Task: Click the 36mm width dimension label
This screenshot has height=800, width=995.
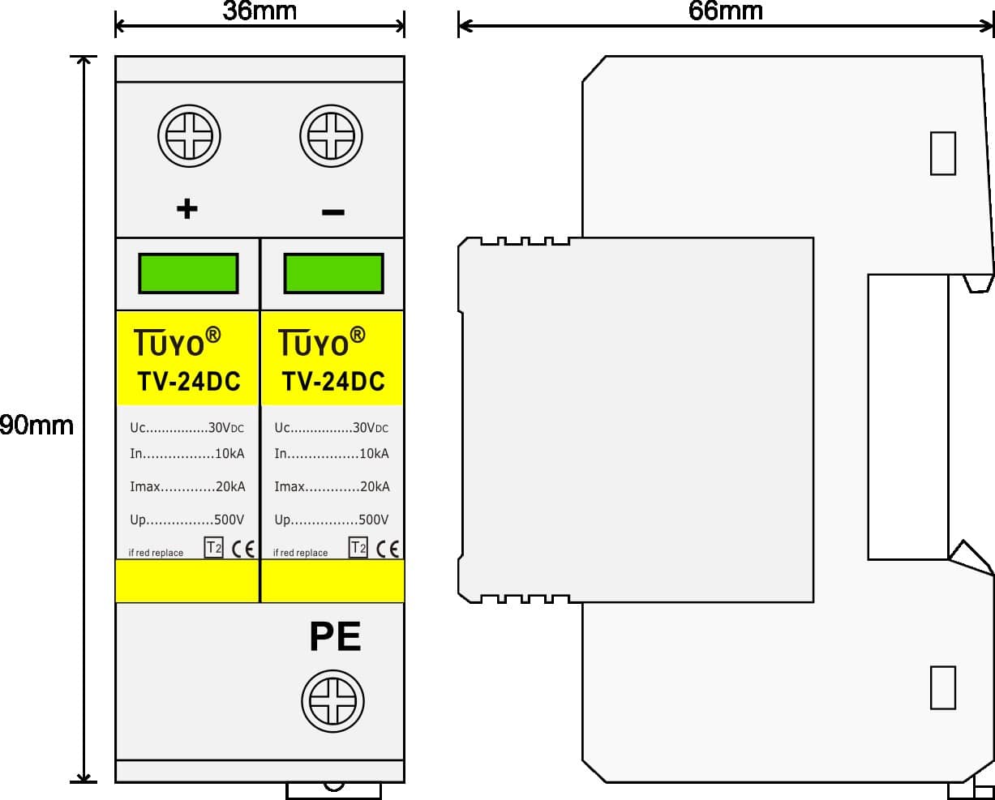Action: point(259,11)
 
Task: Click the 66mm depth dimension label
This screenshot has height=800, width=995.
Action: point(726,11)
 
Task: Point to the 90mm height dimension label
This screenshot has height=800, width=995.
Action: point(36,426)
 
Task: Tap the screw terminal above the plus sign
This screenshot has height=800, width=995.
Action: point(189,136)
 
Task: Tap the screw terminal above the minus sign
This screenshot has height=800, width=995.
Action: point(331,136)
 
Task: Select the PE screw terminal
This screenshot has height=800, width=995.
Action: point(333,700)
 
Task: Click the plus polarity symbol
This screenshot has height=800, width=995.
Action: point(187,208)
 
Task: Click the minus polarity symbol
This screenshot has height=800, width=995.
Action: point(333,212)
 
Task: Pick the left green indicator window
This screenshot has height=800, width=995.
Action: point(189,273)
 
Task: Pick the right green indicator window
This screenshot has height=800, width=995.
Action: point(334,273)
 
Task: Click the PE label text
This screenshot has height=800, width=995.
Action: point(335,637)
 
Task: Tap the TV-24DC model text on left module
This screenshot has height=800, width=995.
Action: point(189,381)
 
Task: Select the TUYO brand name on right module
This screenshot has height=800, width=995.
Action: point(321,342)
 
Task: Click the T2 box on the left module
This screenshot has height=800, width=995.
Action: point(213,547)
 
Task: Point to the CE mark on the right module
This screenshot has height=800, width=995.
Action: point(388,549)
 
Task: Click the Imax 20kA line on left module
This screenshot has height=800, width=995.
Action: point(187,486)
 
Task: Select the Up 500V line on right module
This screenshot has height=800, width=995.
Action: point(332,520)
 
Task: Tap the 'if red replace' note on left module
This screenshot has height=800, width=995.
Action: point(156,553)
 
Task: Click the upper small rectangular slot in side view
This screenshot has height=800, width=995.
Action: point(943,153)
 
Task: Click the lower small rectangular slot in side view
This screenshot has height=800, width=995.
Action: point(943,687)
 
